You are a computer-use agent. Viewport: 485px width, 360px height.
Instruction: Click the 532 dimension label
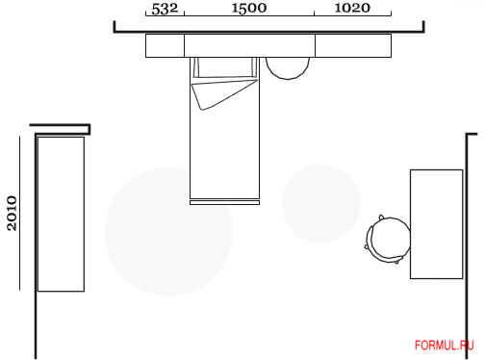click(165, 9)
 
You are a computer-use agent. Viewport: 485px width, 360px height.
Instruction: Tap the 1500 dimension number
click(249, 8)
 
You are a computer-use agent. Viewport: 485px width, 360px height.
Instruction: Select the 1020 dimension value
click(352, 8)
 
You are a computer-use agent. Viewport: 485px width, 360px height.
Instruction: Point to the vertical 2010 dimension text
click(12, 214)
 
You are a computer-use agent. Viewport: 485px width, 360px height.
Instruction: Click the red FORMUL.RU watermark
click(444, 346)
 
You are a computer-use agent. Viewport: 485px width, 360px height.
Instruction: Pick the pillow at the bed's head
click(225, 67)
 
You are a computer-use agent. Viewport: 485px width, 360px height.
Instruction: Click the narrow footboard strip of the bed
click(224, 202)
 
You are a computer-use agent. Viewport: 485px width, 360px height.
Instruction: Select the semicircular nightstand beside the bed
click(288, 68)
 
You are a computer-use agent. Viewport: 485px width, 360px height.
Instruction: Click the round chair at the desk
click(388, 239)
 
